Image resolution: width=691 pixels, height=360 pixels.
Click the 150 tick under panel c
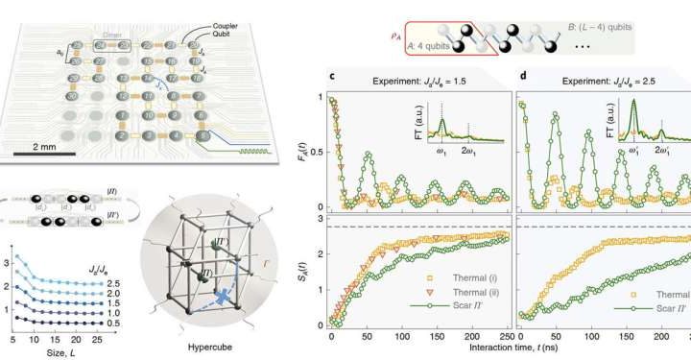[423, 337]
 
